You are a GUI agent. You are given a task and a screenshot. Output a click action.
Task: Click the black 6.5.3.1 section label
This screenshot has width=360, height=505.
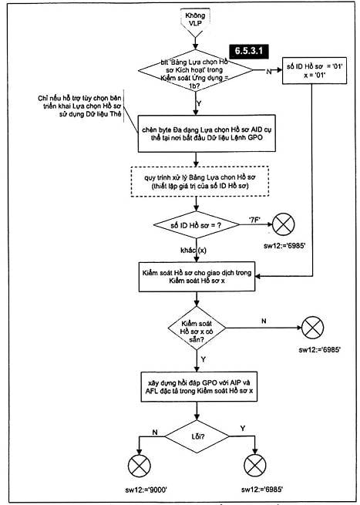tap(249, 51)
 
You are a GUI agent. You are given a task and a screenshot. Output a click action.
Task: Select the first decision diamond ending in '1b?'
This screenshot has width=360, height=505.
tap(196, 70)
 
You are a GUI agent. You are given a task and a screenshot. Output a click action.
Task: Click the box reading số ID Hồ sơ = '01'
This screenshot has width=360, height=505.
tap(315, 71)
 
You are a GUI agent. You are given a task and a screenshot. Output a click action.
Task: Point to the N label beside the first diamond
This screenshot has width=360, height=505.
tap(268, 72)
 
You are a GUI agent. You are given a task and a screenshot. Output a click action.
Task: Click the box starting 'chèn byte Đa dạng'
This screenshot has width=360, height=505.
tap(207, 133)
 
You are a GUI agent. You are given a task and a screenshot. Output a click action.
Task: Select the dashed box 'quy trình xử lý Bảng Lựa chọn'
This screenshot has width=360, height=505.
tap(200, 181)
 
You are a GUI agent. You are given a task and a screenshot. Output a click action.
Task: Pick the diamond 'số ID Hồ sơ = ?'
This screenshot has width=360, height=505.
tap(197, 225)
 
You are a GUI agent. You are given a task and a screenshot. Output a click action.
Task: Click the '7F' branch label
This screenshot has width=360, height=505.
tap(254, 221)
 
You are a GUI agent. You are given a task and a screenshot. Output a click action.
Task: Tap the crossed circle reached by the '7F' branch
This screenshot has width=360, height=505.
tap(284, 224)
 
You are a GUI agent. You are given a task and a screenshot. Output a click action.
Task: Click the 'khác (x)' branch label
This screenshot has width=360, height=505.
tap(193, 251)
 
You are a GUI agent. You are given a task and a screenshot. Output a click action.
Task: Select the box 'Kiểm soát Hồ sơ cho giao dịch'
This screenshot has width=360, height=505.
tap(197, 277)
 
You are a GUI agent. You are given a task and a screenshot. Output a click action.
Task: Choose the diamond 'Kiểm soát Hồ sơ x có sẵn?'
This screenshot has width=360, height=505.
tap(197, 328)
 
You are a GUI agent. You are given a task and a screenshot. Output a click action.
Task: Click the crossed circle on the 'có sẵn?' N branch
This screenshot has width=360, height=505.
tap(312, 328)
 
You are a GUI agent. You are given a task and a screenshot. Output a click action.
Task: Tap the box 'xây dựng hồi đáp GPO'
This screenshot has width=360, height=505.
tap(199, 387)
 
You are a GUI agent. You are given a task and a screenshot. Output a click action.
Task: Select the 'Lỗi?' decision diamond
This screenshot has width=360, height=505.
tap(197, 436)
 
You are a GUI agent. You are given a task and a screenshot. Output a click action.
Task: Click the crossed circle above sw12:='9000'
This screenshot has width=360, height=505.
tap(139, 466)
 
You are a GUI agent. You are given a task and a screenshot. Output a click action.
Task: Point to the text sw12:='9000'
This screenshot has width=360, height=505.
tap(146, 490)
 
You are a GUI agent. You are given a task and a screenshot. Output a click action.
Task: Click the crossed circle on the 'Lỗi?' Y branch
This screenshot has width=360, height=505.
tap(255, 466)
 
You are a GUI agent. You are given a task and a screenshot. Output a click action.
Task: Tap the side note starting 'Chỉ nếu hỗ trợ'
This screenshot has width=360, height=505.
tap(79, 106)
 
